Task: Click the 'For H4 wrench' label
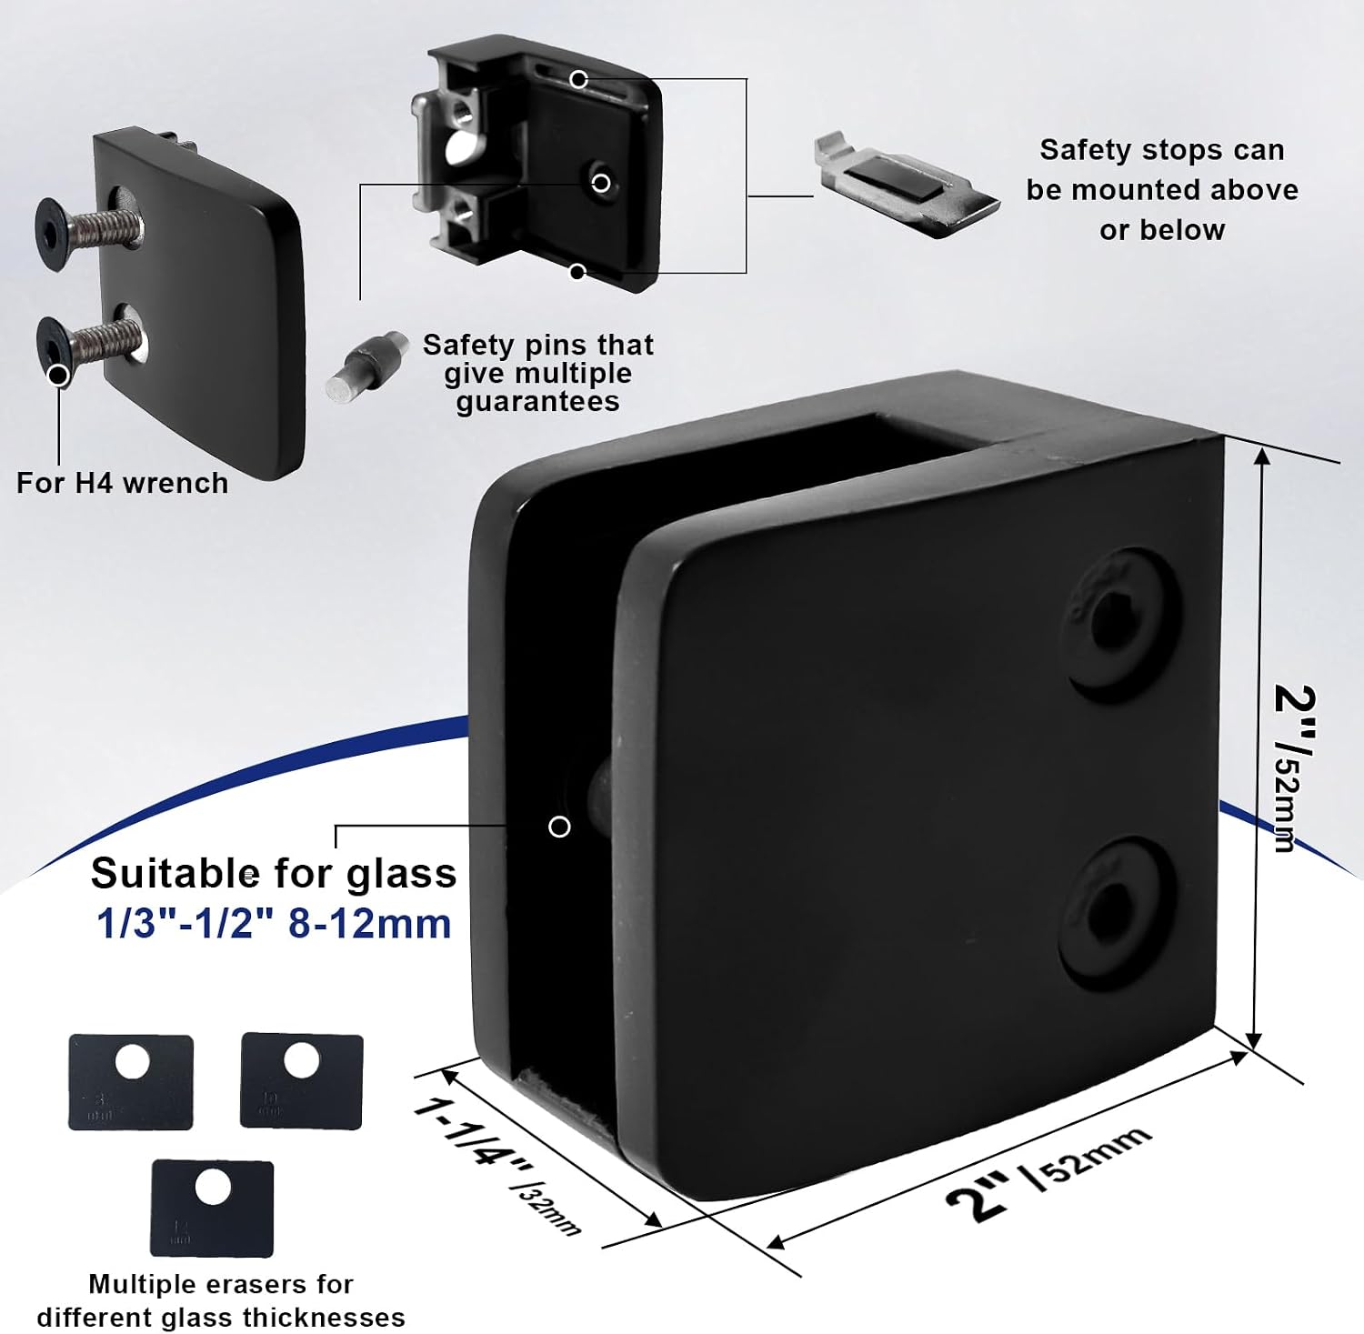123,483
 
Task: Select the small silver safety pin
366,367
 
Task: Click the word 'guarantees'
537,402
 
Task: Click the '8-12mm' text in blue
370,924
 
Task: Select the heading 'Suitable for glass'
274,874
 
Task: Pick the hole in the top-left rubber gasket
133,1061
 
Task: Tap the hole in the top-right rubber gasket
301,1059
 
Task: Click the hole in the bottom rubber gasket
213,1187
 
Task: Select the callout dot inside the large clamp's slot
559,827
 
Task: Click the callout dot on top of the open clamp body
578,80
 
